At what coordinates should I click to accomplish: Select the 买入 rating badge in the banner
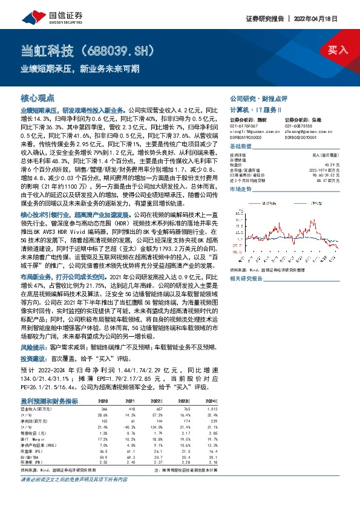pyautogui.click(x=337, y=50)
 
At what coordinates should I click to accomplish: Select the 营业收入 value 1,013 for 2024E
pyautogui.click(x=211, y=409)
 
